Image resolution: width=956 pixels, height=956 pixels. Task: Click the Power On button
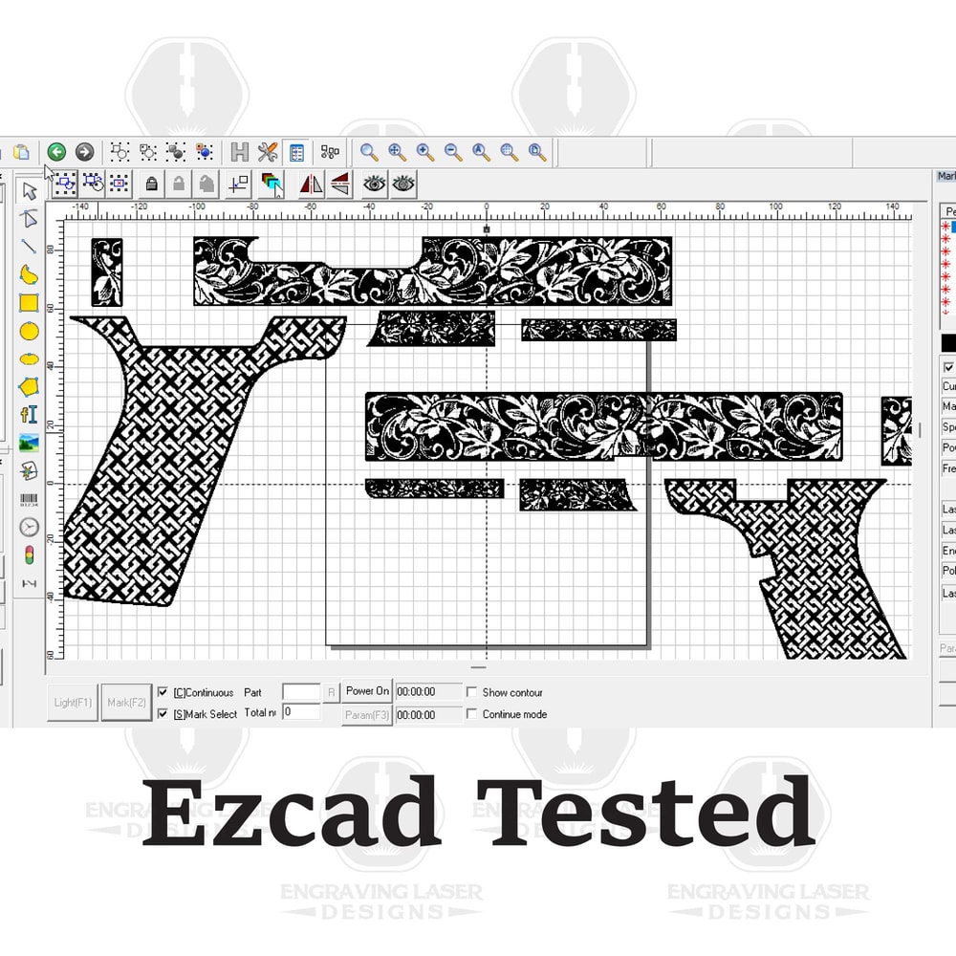pos(367,691)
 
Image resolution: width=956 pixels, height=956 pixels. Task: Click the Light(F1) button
pos(73,703)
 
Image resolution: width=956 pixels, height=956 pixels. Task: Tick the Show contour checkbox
pos(471,692)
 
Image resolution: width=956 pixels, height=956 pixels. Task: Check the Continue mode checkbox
pos(471,714)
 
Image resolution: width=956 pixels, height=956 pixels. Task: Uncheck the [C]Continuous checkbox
pos(163,692)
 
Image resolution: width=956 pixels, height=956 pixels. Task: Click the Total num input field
pos(301,712)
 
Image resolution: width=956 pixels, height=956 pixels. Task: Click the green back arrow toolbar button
pos(56,152)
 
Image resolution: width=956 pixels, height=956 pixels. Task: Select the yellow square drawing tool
pos(30,302)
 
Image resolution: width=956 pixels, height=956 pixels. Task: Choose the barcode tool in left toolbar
pos(30,498)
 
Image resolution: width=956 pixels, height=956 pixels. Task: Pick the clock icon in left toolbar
pos(30,527)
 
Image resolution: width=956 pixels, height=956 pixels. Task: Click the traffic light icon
pos(30,554)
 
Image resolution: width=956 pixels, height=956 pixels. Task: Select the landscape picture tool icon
pos(30,443)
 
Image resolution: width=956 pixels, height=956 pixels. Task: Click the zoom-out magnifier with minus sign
pos(453,152)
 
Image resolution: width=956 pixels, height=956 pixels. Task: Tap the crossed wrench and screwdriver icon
pos(268,152)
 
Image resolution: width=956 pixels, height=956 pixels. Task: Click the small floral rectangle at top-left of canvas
pos(107,272)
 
